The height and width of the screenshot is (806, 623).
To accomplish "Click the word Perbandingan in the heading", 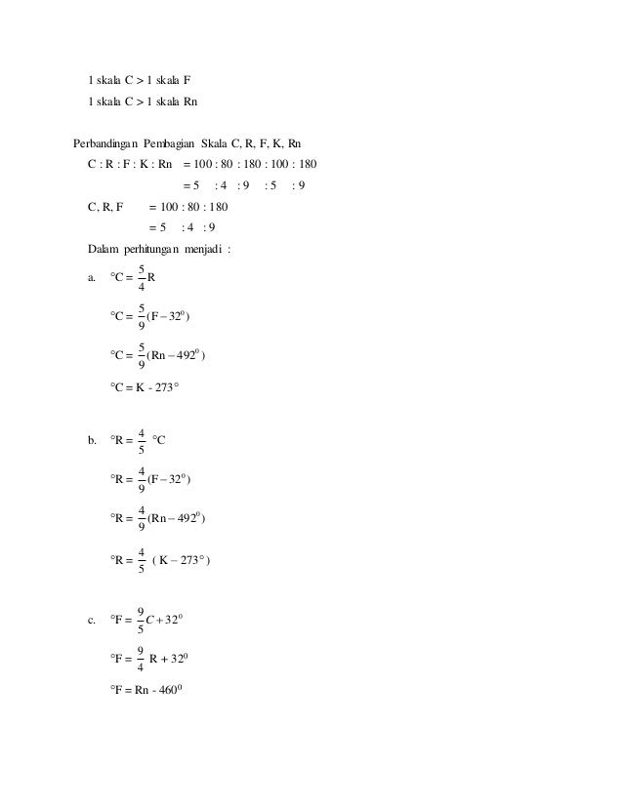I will click(x=107, y=143).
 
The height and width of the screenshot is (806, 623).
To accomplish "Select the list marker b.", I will click(x=92, y=441).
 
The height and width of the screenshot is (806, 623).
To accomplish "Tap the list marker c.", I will click(x=92, y=620).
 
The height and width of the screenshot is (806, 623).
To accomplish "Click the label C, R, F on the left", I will click(x=105, y=207).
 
